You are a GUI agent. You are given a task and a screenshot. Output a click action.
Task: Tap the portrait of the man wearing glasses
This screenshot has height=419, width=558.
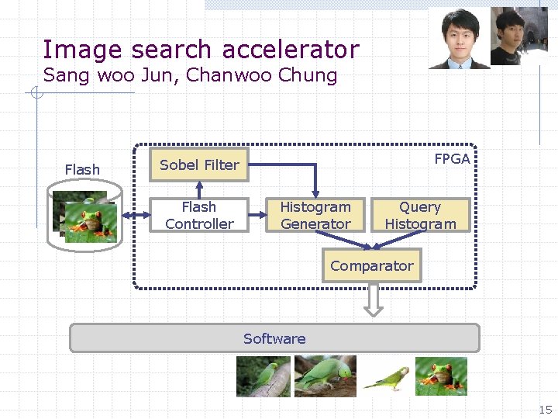click(x=460, y=38)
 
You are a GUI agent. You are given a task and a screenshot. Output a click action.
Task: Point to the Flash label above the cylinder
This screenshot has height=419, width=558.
click(x=82, y=169)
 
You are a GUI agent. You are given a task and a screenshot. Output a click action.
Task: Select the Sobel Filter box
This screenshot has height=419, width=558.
click(x=199, y=164)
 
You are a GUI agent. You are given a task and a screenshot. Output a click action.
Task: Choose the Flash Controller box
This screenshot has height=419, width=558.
click(x=199, y=216)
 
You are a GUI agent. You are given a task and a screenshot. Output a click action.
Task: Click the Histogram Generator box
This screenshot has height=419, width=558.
click(x=315, y=216)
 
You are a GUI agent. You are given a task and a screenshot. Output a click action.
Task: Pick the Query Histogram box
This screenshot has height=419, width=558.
click(x=420, y=216)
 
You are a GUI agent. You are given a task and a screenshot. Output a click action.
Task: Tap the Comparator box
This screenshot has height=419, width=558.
click(x=372, y=265)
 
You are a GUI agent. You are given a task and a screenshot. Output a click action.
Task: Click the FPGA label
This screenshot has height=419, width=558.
click(x=452, y=158)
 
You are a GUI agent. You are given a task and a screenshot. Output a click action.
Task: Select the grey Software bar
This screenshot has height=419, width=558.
click(x=274, y=338)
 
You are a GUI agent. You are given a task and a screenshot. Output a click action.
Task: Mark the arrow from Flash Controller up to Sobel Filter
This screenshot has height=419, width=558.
click(x=199, y=189)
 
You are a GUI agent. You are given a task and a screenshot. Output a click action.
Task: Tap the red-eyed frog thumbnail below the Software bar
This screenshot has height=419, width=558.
click(x=441, y=376)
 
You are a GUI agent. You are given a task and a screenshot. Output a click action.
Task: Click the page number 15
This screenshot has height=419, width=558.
click(x=546, y=409)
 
